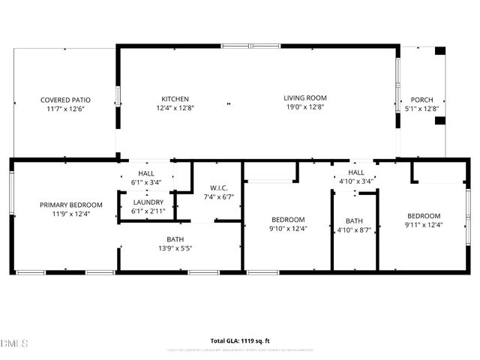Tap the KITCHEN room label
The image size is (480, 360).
175,99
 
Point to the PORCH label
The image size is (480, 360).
421,100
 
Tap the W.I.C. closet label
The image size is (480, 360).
219,187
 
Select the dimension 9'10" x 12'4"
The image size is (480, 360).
289,229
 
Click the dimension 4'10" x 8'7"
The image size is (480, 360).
354,229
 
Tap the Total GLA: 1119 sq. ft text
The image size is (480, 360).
240,340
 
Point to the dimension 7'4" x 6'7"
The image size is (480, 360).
219,197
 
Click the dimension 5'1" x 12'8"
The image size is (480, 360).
421,109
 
